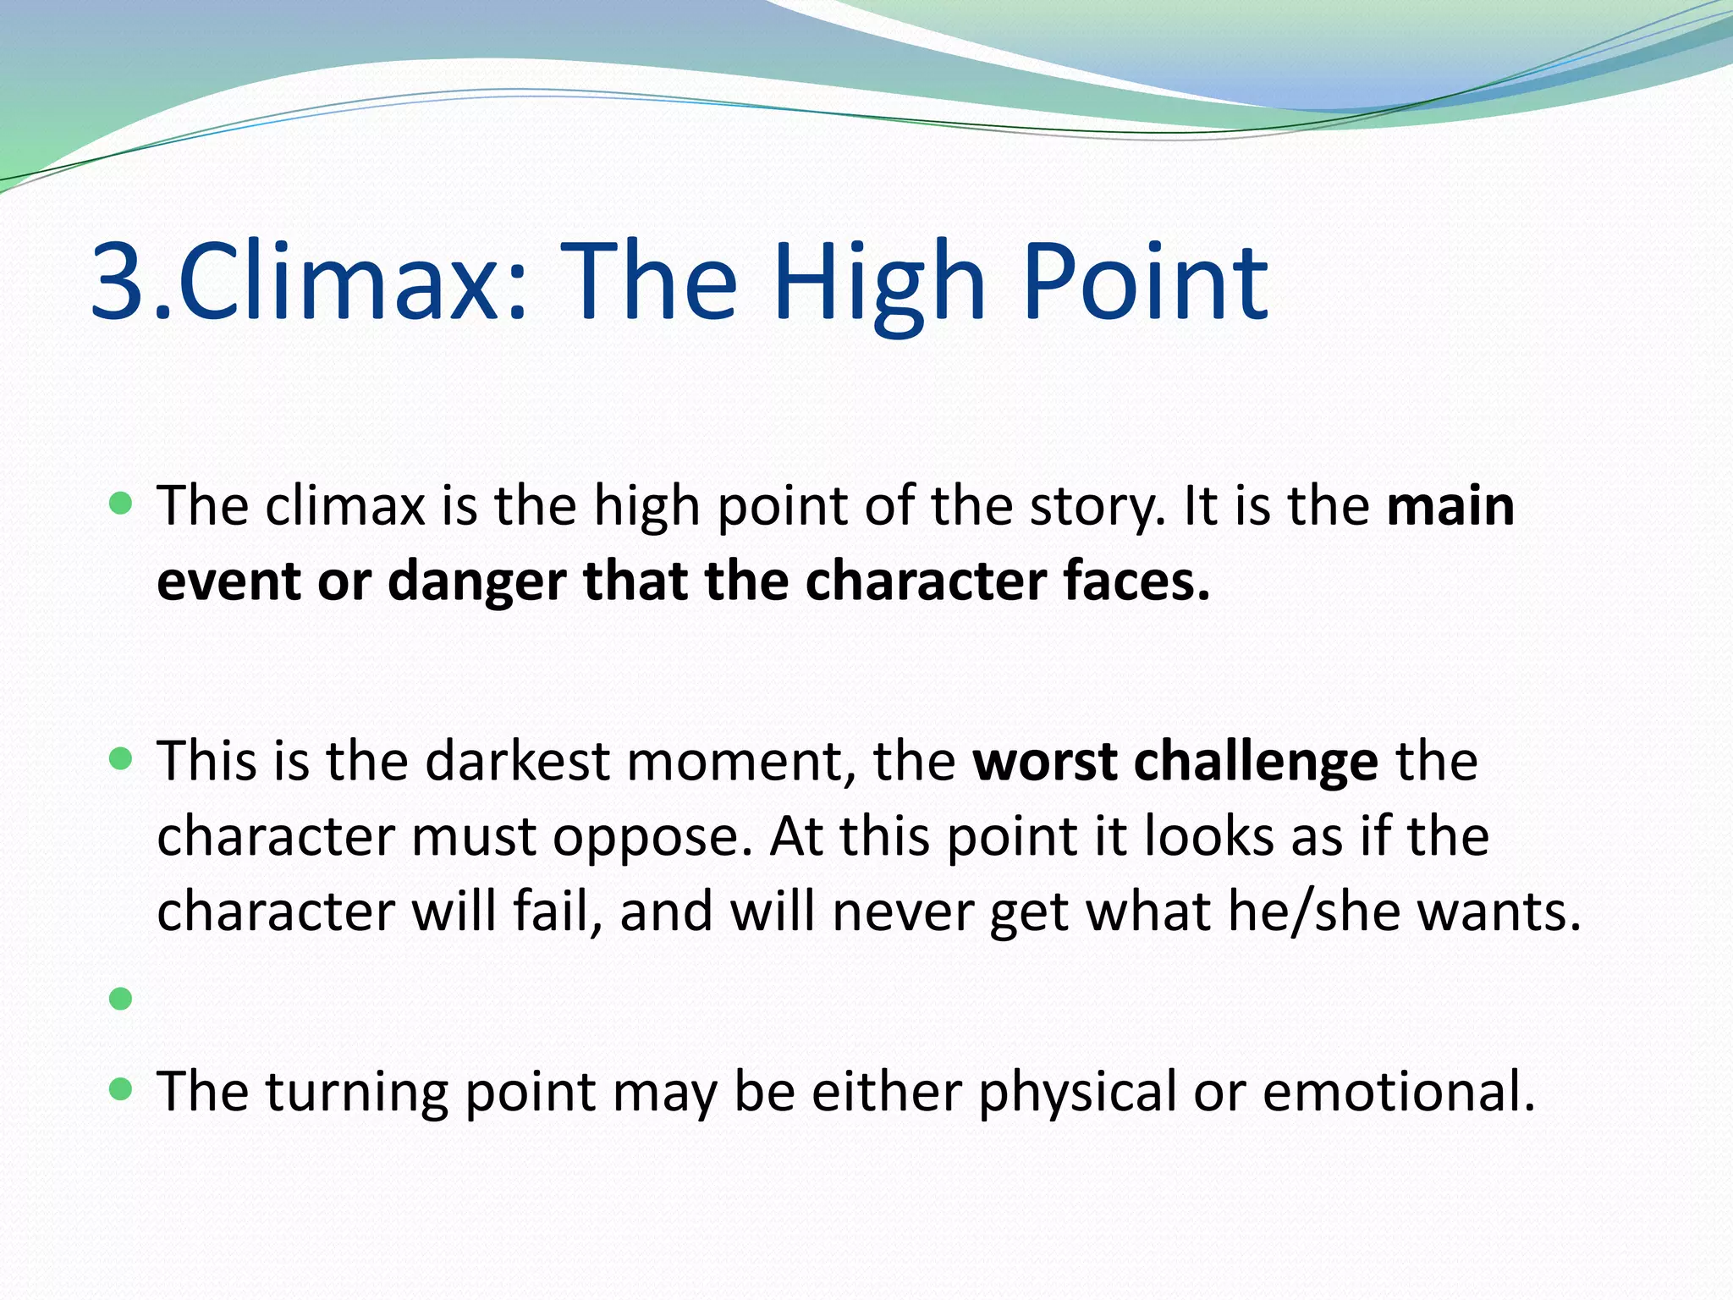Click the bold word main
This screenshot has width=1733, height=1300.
(1450, 506)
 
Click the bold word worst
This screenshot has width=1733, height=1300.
(1044, 761)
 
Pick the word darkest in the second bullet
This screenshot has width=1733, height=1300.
(517, 761)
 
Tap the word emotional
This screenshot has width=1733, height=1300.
(1398, 1092)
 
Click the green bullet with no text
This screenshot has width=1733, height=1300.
(121, 999)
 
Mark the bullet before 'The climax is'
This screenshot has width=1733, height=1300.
(121, 504)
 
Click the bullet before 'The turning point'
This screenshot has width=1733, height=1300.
(121, 1088)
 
